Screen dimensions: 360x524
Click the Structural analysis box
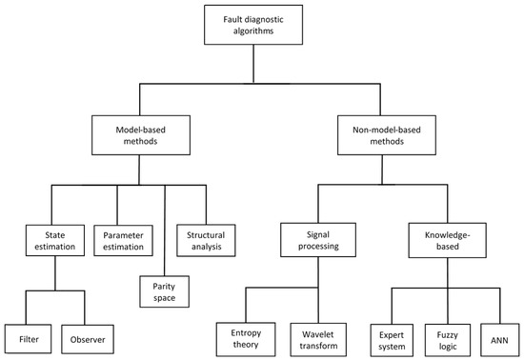click(205, 236)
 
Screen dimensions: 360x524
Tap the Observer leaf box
click(87, 336)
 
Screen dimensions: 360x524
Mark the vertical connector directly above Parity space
click(164, 229)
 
